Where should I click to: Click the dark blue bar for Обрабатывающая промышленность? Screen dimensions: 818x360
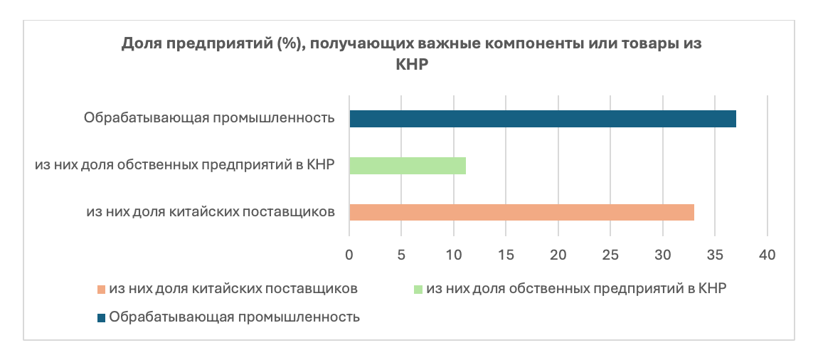click(x=543, y=119)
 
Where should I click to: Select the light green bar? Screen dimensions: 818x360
click(x=408, y=166)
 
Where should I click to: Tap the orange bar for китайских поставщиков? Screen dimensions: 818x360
click(x=521, y=212)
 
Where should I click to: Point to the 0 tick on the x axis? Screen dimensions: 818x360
click(x=349, y=255)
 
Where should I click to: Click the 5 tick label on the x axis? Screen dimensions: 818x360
click(x=402, y=255)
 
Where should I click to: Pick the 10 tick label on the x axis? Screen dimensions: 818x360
click(x=454, y=255)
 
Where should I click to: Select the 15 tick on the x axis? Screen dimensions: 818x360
click(x=506, y=255)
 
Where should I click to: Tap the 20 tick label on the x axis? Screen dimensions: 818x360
click(x=558, y=255)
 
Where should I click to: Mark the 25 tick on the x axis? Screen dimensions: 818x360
click(x=610, y=255)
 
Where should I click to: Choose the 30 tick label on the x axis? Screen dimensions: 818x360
click(x=662, y=255)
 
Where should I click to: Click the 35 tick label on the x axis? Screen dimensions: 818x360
click(x=715, y=255)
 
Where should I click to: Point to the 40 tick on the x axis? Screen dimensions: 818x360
click(x=767, y=255)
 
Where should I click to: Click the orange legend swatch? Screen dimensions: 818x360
click(x=101, y=290)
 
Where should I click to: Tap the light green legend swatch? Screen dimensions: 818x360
click(x=418, y=290)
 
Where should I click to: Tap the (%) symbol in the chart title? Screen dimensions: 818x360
click(x=282, y=44)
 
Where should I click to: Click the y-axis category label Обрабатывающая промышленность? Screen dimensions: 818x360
click(x=208, y=118)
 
